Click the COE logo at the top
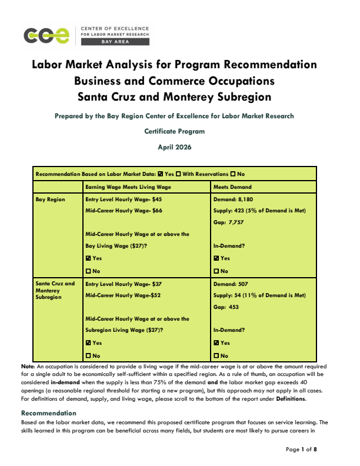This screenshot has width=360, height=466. [x=46, y=35]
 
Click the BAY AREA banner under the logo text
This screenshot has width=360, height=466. [x=115, y=42]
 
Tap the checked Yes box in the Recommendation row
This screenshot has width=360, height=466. [x=161, y=174]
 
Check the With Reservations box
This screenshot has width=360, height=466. [x=179, y=174]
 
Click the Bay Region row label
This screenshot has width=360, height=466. [x=50, y=200]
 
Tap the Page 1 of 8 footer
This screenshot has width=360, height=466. [x=302, y=450]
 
